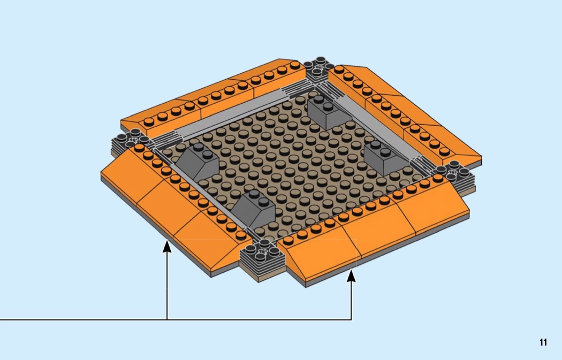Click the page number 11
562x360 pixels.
click(543, 342)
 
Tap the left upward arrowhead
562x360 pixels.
click(167, 247)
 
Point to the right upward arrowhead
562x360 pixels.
click(351, 276)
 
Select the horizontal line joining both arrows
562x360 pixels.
click(176, 319)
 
